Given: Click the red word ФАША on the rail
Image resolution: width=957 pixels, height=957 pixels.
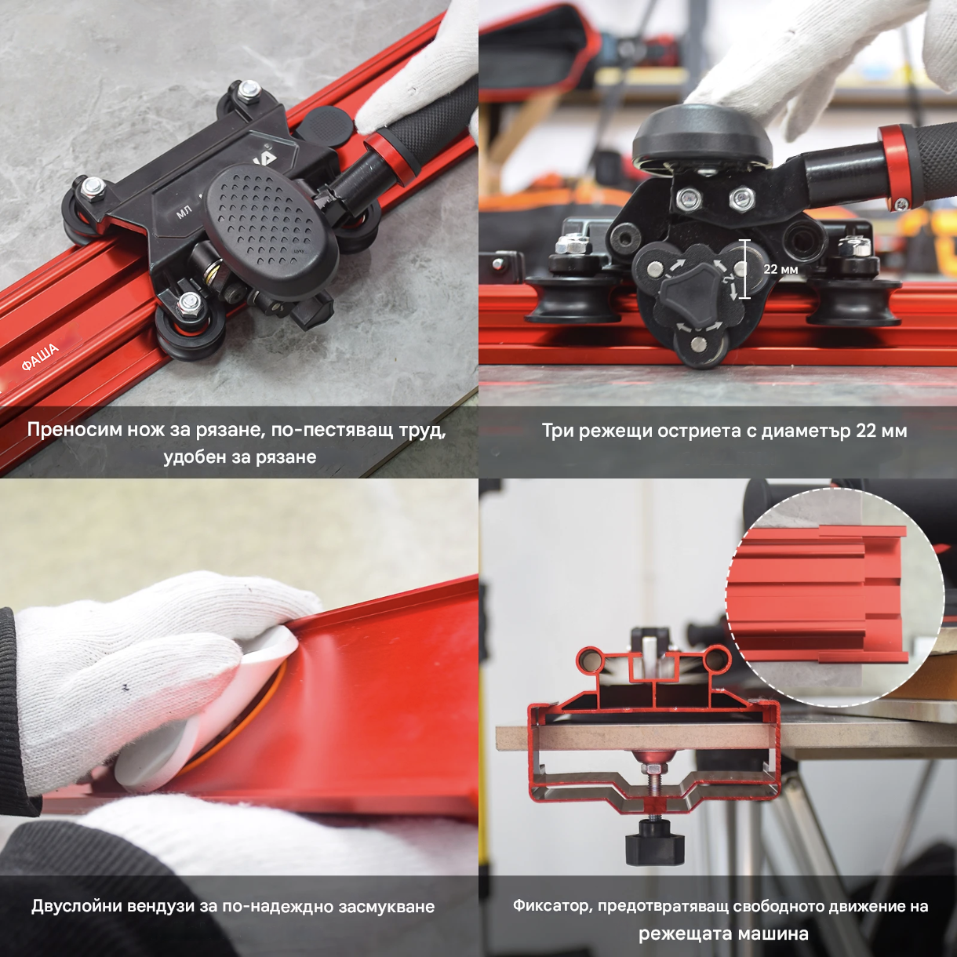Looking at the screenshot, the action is [40, 357].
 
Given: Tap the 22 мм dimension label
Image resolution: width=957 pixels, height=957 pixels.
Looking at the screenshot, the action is [781, 269].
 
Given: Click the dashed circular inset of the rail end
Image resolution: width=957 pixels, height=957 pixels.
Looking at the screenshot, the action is [835, 596].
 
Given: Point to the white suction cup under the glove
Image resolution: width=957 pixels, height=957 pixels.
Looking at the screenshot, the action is [198, 710].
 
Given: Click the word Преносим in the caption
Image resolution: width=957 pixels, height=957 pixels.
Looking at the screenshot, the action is [74, 430].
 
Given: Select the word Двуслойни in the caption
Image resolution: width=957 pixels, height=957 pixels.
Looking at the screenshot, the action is [76, 907].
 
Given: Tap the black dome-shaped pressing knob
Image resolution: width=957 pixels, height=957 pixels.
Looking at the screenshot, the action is [703, 134].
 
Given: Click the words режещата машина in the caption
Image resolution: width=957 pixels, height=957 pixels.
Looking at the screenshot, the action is [723, 933].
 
